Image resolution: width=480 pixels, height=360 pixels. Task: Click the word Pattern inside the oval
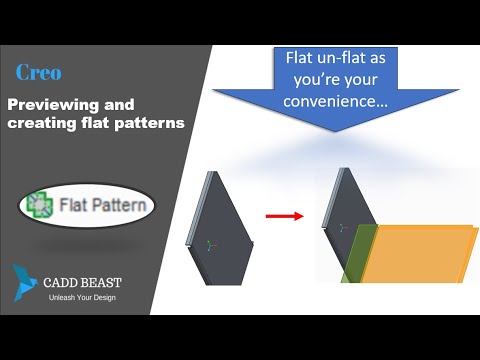pos(122,208)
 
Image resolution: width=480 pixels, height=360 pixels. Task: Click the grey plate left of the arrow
pos(221,215)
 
